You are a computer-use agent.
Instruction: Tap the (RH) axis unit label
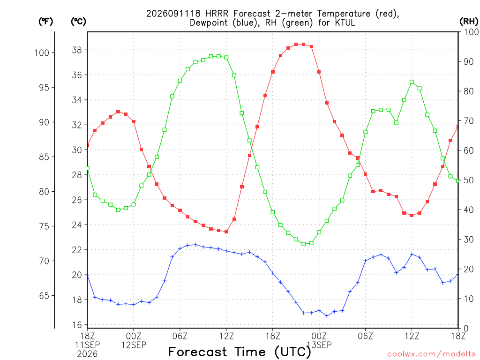[469, 21]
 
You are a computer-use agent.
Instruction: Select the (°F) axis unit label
[45, 21]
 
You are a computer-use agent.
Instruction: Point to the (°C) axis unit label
[78, 21]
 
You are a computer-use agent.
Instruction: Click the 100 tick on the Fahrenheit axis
[42, 52]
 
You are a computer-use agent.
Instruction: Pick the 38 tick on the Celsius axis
[77, 50]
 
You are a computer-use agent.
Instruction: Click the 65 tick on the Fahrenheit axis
[45, 296]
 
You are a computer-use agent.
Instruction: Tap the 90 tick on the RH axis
[469, 61]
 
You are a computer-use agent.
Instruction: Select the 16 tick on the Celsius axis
[77, 325]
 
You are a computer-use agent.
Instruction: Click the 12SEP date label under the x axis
[134, 345]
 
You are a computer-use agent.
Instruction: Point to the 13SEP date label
[319, 345]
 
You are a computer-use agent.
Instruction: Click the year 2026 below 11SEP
[87, 354]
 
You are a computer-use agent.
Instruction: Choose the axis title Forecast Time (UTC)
[240, 352]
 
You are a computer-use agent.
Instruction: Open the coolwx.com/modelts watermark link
[431, 354]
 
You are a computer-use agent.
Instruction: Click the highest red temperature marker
[296, 45]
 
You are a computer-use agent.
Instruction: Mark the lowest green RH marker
[304, 244]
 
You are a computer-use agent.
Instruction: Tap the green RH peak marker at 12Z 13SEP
[412, 82]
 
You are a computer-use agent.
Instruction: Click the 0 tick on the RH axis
[466, 329]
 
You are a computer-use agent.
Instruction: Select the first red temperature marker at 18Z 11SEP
[88, 145]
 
